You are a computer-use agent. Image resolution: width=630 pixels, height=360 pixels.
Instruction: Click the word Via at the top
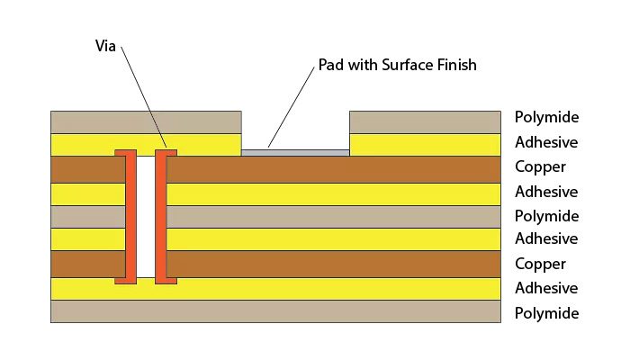[106, 44]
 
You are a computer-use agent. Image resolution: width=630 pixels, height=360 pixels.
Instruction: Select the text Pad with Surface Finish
[397, 66]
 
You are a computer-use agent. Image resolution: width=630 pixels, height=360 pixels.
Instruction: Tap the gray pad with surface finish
[295, 152]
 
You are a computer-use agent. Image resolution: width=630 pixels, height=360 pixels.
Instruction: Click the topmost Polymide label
[546, 117]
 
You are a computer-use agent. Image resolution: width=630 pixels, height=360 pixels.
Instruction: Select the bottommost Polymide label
[546, 313]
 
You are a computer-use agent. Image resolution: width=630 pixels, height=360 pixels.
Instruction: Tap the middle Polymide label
[546, 216]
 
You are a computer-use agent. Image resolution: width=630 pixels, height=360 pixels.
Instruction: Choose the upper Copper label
[540, 166]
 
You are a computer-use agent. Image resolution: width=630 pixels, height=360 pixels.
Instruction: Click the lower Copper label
[540, 264]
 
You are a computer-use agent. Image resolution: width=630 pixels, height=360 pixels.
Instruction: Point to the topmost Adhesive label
[545, 142]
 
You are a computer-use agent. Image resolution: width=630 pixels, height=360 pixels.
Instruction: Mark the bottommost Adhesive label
[545, 288]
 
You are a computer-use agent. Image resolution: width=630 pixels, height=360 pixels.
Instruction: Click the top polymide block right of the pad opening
[424, 121]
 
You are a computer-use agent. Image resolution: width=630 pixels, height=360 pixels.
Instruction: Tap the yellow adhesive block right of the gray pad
[424, 144]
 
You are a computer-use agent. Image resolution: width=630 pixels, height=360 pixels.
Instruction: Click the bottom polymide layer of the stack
[274, 311]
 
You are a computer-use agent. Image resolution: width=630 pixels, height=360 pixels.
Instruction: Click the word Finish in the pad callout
[454, 66]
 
